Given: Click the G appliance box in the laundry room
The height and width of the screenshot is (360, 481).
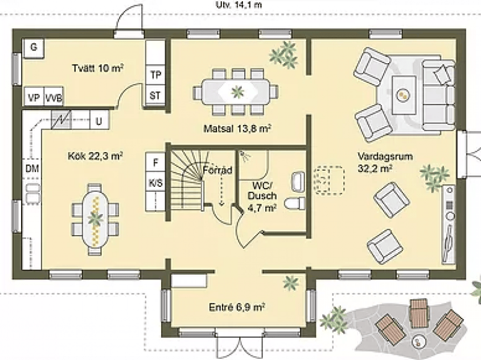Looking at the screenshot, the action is click(x=34, y=48).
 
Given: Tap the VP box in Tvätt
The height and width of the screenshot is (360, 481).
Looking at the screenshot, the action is click(x=34, y=97).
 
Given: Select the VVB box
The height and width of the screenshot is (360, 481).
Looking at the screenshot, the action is click(x=54, y=97).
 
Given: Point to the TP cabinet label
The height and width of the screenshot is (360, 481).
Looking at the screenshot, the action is click(x=156, y=75).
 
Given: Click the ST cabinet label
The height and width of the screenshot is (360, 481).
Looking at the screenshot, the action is click(x=155, y=96).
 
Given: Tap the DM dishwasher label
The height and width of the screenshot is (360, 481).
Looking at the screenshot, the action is click(x=32, y=168).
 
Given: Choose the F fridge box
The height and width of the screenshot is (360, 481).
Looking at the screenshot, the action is click(x=156, y=162).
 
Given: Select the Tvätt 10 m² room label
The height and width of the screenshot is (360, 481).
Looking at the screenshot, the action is click(x=97, y=68).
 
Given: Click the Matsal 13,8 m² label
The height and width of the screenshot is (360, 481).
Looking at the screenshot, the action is click(x=237, y=129).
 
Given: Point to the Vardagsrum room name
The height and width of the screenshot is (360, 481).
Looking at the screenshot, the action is click(x=385, y=156).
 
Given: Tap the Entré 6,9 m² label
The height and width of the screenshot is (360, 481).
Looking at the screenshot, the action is click(x=237, y=307).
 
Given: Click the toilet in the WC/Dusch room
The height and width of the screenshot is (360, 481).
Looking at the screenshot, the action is click(x=295, y=204).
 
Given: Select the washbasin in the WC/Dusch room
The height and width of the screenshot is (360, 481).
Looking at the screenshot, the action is click(x=298, y=182).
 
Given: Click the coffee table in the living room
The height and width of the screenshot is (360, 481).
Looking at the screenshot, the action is click(x=403, y=94).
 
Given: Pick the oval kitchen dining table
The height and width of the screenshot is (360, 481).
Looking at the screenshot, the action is click(x=95, y=219).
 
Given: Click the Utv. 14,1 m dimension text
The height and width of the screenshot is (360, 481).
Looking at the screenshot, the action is click(x=239, y=5).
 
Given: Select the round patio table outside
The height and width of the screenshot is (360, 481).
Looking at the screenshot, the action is click(x=419, y=341).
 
